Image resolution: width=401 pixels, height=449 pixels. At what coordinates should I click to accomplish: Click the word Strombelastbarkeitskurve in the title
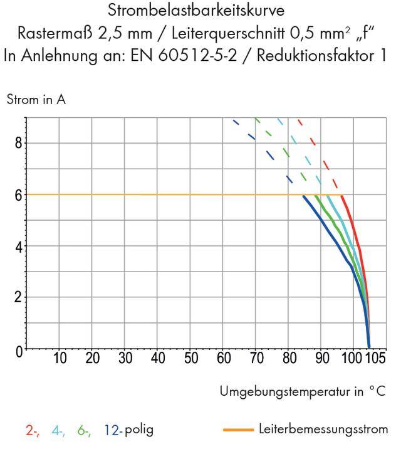pos(200,11)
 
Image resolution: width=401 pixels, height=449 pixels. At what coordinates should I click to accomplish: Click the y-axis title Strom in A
pos(36,100)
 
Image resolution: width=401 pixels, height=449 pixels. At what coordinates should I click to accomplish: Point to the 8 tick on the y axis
pos(19,143)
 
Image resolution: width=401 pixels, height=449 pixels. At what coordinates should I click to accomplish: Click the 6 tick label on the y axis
pos(19,195)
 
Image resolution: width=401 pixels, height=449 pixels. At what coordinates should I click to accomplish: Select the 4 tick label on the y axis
pos(19,246)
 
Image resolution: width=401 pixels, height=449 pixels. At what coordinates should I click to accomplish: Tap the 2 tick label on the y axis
pos(19,297)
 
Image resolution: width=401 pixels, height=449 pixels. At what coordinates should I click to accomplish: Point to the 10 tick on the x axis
pos(60,359)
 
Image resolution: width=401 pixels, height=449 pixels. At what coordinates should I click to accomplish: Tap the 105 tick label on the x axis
pos(376,359)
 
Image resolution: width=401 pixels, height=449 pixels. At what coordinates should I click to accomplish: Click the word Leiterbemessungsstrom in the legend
pos(323,430)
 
